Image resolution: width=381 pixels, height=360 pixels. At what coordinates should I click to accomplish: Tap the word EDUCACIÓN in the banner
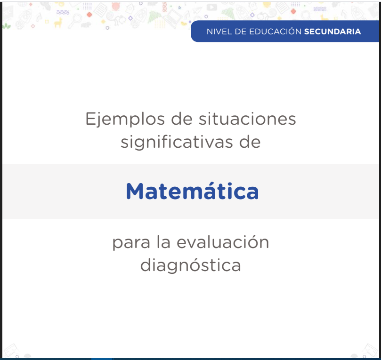(276, 32)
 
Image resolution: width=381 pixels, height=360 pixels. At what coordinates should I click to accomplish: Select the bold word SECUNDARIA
(332, 32)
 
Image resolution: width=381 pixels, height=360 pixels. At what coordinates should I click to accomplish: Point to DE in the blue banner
(241, 32)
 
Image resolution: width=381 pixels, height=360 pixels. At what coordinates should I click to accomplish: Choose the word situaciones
(247, 119)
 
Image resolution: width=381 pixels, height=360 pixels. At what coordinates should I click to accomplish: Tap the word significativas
(177, 142)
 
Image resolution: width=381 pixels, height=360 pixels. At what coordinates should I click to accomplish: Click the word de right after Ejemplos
(182, 119)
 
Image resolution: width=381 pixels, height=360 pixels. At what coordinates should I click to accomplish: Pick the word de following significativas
(250, 142)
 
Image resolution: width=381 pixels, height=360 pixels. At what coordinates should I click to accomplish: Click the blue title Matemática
(192, 191)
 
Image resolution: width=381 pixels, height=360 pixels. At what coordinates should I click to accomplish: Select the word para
(131, 243)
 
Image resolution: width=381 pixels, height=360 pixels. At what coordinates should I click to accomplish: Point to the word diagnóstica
(191, 265)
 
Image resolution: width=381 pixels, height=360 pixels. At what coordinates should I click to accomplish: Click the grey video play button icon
(211, 7)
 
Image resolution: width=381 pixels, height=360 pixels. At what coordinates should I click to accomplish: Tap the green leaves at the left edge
(7, 26)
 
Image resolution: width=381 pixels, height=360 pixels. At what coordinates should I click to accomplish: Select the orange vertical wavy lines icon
(164, 7)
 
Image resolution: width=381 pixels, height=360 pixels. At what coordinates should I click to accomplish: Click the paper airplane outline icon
(197, 10)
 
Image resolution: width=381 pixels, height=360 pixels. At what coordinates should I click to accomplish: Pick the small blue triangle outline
(179, 8)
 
